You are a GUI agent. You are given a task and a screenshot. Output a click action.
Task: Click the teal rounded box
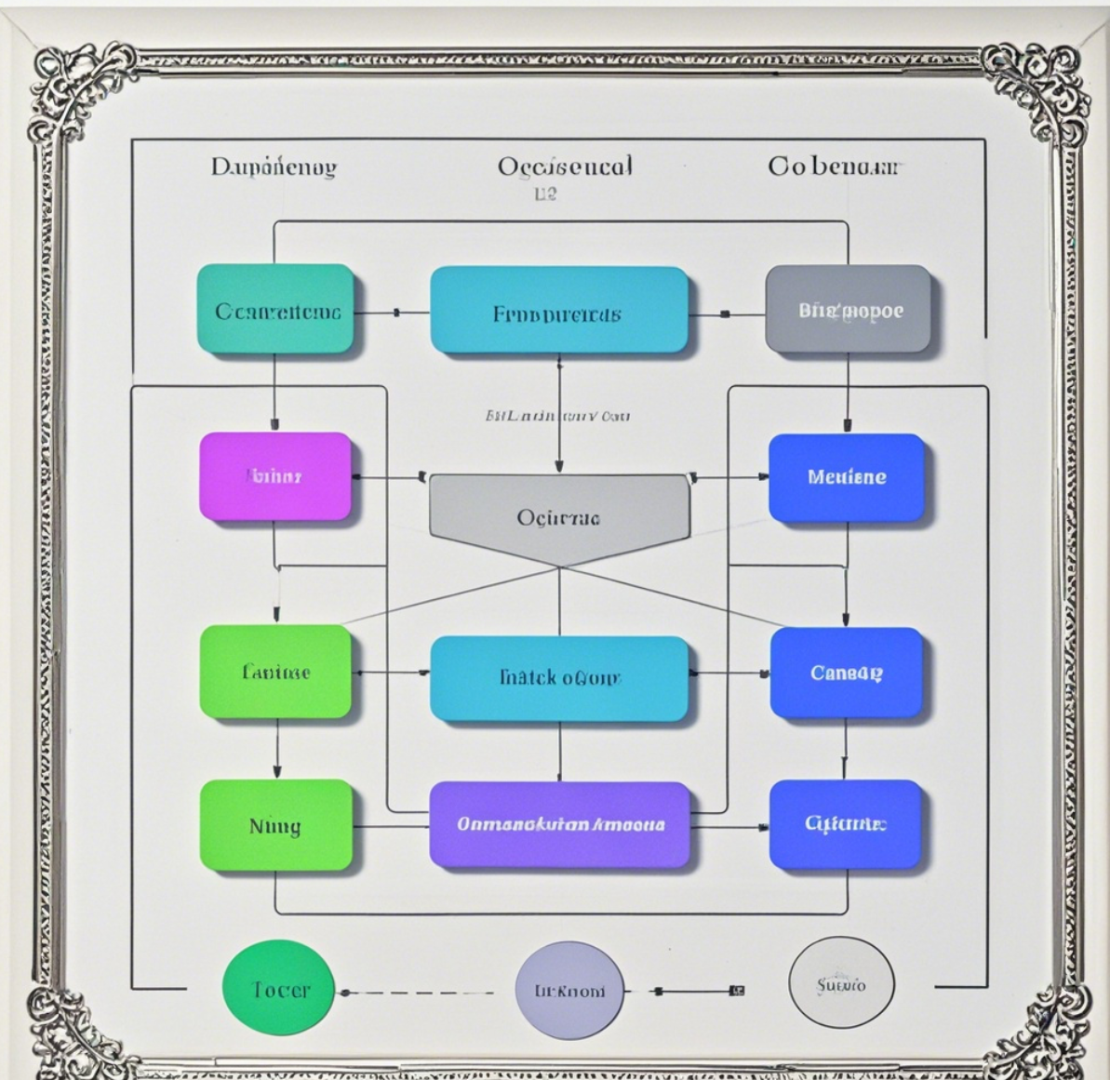[x=276, y=310]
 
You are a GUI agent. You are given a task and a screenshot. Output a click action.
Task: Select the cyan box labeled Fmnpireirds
[x=558, y=312]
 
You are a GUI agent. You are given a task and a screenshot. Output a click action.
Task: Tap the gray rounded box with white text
[x=848, y=310]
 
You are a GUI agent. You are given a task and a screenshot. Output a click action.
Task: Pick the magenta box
[x=275, y=476]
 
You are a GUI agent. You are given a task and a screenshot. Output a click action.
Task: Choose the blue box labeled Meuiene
[x=847, y=477]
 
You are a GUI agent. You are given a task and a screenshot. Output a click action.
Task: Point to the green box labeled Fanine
[x=276, y=672]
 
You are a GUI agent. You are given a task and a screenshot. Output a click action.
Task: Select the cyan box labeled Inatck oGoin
[x=559, y=676]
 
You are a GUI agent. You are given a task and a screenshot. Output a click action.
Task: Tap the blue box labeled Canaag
[x=846, y=672]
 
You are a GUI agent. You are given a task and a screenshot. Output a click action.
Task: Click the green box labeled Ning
[x=276, y=825]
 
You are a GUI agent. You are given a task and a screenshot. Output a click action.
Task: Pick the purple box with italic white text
[x=560, y=824]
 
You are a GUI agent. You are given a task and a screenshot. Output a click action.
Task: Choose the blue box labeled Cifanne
[x=845, y=824]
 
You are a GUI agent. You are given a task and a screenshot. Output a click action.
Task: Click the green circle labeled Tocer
[x=278, y=988]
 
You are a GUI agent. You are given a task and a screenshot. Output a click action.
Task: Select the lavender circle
[x=569, y=990]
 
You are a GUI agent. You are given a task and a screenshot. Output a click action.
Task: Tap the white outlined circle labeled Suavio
[x=841, y=983]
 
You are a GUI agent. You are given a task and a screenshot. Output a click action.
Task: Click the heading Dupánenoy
[x=274, y=167]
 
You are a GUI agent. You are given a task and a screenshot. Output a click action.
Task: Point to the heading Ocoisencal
[x=565, y=167]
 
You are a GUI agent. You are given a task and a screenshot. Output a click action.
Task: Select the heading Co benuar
[x=834, y=167]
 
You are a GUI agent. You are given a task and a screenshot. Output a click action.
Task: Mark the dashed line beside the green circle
[x=419, y=993]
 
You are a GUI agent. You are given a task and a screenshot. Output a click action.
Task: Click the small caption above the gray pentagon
[x=557, y=416]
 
